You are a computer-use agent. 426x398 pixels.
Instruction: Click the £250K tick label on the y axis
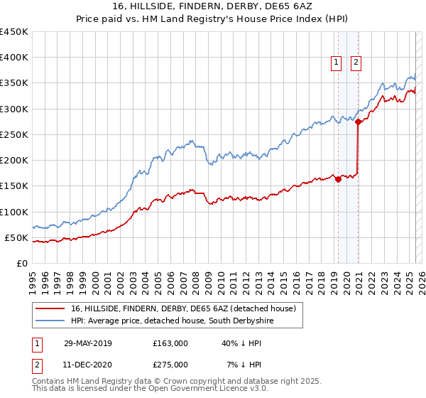(x=14, y=134)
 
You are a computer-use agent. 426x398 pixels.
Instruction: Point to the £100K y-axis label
(x=14, y=212)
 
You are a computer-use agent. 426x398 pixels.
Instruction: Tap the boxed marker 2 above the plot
(x=356, y=62)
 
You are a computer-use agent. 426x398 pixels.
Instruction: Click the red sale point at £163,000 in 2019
(x=338, y=179)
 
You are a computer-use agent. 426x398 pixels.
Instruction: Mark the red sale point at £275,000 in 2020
(x=359, y=122)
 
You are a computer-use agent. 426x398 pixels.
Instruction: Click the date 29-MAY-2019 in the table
(x=88, y=343)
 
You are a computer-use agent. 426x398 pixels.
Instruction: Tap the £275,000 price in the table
(x=170, y=365)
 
